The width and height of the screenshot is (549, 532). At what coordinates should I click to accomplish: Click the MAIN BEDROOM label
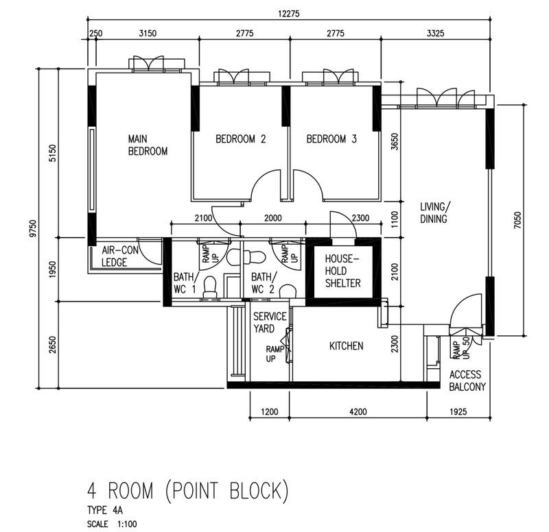(148, 145)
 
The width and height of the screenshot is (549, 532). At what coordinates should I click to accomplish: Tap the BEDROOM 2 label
(240, 139)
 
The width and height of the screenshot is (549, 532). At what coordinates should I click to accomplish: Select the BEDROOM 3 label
(331, 139)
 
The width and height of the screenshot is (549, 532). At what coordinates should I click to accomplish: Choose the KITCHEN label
(346, 346)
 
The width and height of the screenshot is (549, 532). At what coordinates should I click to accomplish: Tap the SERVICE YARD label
(265, 322)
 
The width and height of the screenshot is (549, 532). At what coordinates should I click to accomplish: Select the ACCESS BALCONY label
(467, 380)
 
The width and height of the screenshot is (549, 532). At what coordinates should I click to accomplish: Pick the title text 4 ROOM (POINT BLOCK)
(185, 491)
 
